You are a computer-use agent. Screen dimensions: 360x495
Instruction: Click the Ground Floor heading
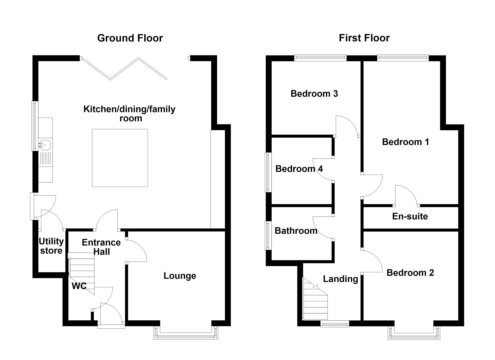(x=130, y=38)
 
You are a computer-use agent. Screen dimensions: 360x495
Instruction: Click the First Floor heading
(x=364, y=38)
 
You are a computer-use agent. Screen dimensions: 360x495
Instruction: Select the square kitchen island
(x=120, y=158)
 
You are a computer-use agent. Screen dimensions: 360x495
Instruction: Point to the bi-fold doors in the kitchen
(x=124, y=69)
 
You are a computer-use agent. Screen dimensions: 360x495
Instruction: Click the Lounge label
(x=180, y=276)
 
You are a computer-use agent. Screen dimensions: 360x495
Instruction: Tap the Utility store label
(x=51, y=246)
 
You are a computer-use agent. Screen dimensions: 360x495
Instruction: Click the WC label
(x=79, y=286)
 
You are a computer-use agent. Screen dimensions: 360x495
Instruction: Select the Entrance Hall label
(x=101, y=247)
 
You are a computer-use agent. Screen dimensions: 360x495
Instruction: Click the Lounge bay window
(x=186, y=334)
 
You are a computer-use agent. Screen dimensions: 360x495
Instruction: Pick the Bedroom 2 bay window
(x=414, y=334)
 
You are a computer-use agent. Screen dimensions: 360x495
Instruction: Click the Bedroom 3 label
(x=314, y=94)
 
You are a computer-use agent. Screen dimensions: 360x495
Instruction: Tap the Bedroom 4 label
(x=299, y=169)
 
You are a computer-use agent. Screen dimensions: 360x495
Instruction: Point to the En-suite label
(x=410, y=216)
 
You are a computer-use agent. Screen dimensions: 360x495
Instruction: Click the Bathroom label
(x=296, y=231)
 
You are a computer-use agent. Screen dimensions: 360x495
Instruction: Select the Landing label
(x=340, y=279)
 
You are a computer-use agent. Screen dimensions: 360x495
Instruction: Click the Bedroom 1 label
(x=405, y=142)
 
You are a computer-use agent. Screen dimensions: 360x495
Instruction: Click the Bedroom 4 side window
(x=268, y=172)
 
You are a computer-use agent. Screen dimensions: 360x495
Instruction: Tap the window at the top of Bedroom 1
(x=403, y=58)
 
